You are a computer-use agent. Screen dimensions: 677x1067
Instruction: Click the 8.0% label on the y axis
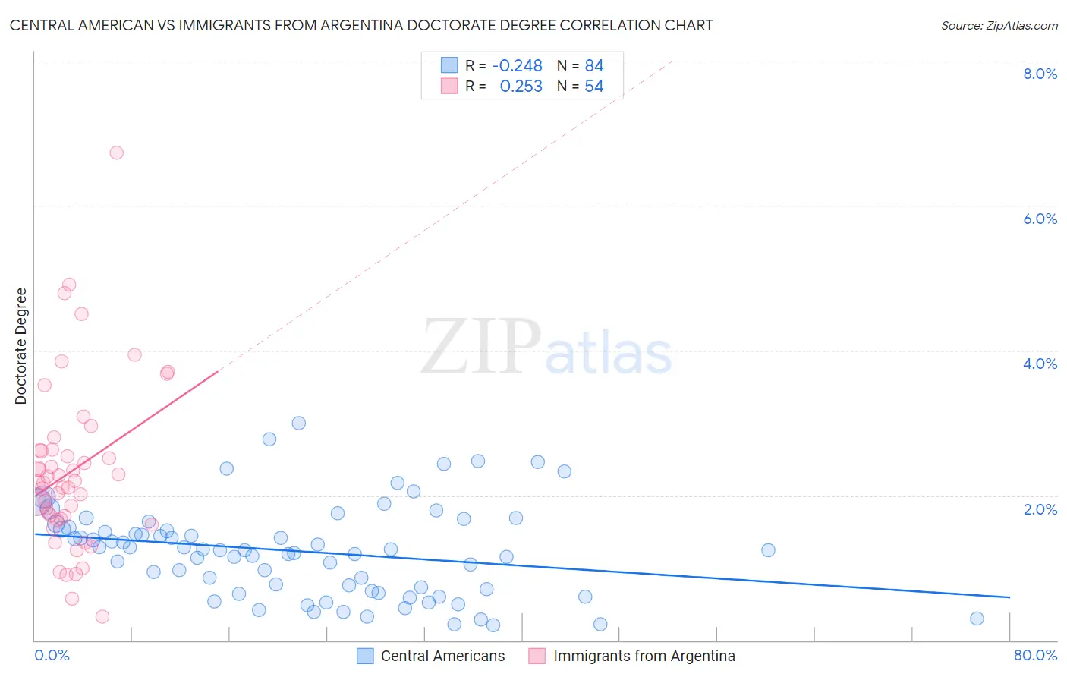[x=1039, y=74]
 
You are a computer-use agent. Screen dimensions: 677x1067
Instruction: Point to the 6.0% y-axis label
[x=1039, y=219]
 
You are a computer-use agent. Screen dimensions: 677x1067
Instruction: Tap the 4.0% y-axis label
[x=1039, y=364]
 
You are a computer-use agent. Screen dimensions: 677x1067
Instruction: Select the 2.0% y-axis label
[x=1039, y=509]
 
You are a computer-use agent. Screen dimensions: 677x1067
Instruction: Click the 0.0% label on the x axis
[x=52, y=655]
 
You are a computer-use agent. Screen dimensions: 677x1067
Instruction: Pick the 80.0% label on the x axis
[x=1034, y=655]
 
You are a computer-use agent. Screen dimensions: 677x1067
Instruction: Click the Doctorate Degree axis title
[x=21, y=346]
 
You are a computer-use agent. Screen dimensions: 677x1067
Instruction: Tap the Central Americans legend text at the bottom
[x=442, y=656]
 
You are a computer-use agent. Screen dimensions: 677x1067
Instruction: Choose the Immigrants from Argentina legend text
[x=644, y=656]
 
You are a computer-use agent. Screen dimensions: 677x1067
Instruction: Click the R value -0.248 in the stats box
[x=517, y=65]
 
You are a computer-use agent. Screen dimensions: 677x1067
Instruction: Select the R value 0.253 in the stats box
[x=521, y=87]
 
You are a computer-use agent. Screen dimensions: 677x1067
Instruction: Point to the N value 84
[x=593, y=65]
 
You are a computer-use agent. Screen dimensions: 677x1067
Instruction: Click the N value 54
[x=593, y=87]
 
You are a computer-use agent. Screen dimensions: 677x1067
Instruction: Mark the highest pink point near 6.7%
[x=116, y=153]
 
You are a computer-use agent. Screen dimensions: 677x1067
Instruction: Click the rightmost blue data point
[x=977, y=619]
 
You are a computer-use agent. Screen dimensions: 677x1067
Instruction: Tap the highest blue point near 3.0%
[x=299, y=423]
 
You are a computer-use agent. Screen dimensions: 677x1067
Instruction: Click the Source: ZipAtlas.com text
[x=999, y=26]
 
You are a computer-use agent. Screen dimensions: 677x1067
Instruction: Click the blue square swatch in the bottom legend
[x=365, y=656]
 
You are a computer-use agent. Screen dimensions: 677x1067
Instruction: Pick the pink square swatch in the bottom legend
[x=537, y=656]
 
